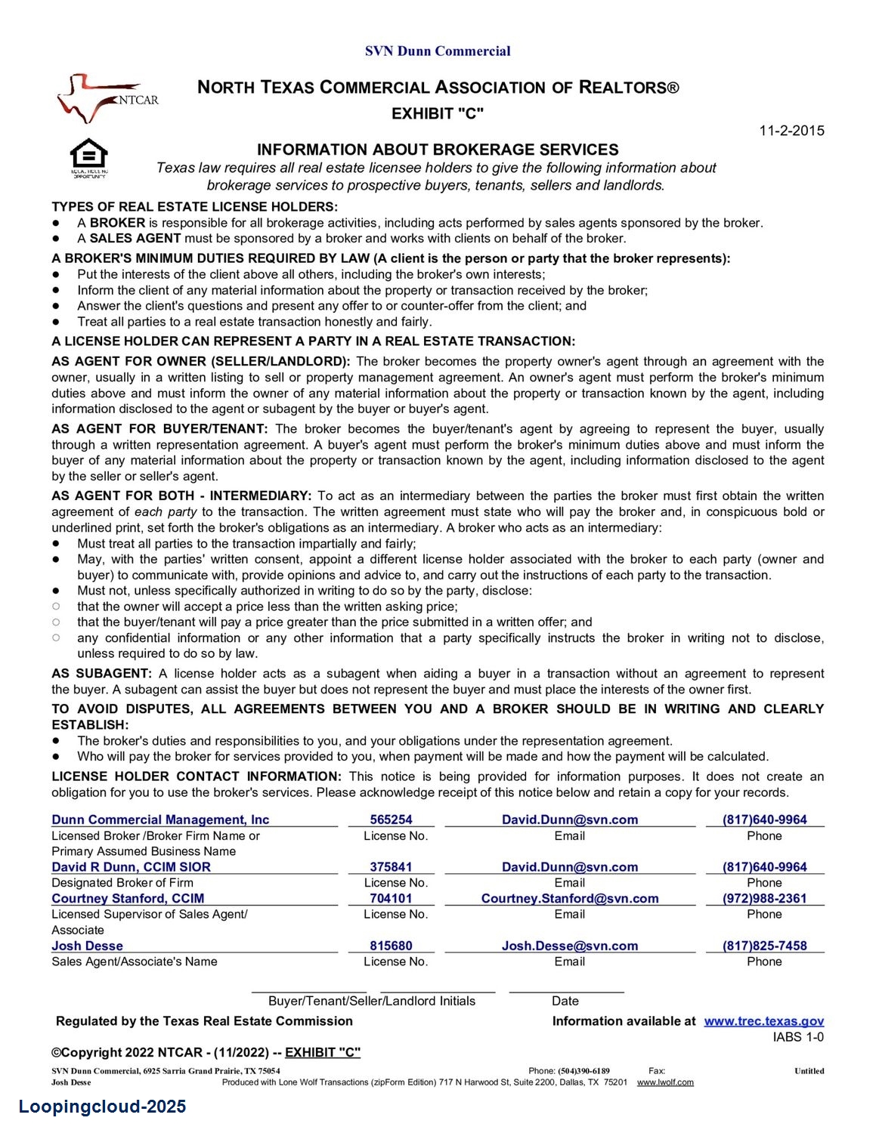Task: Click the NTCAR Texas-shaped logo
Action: click(x=106, y=98)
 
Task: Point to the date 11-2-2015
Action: click(x=791, y=131)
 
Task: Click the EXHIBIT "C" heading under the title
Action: click(x=438, y=114)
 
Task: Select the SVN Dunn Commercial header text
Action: click(x=438, y=51)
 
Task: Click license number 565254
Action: click(x=391, y=820)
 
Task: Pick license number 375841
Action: click(x=391, y=867)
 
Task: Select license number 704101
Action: click(x=391, y=898)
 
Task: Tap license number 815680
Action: click(x=391, y=946)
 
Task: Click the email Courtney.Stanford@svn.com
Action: click(x=570, y=898)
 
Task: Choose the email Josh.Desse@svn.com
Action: click(x=570, y=946)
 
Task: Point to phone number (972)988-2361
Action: click(x=764, y=898)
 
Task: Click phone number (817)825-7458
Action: click(x=764, y=946)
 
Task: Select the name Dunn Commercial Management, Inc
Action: click(x=160, y=820)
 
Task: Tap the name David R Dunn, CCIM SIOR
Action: click(x=131, y=867)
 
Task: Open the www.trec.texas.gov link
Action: click(x=763, y=1021)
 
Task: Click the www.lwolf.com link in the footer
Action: click(x=665, y=1082)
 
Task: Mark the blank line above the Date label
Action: click(x=566, y=989)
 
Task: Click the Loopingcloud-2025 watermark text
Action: click(x=102, y=1107)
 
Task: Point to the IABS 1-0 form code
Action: click(x=798, y=1037)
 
